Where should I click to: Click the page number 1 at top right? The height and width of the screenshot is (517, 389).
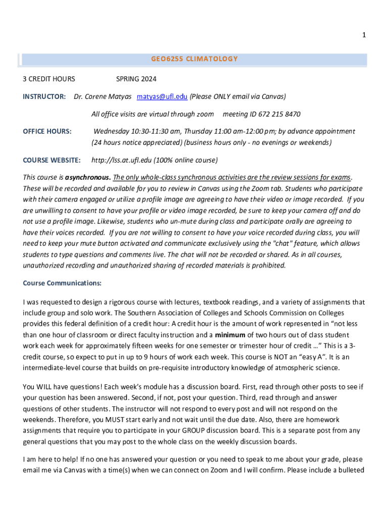364,35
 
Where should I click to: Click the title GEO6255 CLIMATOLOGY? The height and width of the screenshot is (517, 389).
194,59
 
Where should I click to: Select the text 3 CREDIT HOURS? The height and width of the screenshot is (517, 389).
49,79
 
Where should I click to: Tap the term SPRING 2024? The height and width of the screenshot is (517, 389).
136,79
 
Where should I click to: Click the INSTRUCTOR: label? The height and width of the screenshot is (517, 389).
44,96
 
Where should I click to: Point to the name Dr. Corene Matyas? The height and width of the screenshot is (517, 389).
103,96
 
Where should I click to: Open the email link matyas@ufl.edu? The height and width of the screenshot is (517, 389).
162,96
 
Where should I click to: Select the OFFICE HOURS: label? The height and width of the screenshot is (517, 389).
47,131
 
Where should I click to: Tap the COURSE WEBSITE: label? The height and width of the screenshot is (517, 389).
52,160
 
